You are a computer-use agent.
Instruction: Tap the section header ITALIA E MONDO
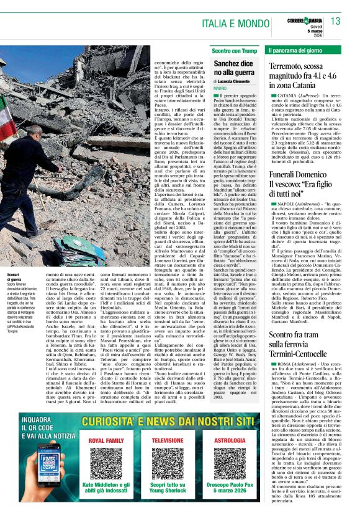(x=220, y=24)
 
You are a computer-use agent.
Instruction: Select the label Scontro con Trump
(x=233, y=50)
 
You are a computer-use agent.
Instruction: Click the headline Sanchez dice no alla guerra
(x=233, y=68)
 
